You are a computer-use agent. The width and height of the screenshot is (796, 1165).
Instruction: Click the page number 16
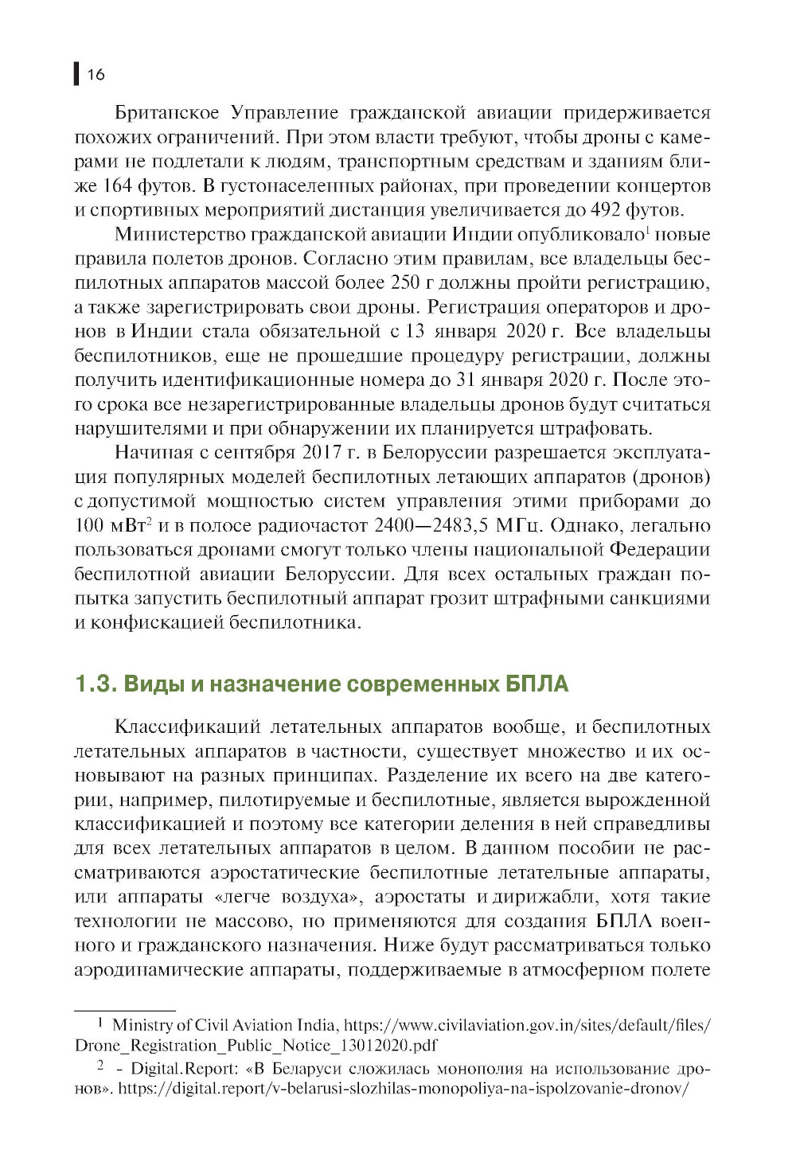(96, 75)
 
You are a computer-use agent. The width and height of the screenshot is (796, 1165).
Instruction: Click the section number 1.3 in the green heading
(95, 684)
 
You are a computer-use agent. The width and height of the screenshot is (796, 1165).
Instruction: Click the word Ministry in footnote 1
(142, 1025)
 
